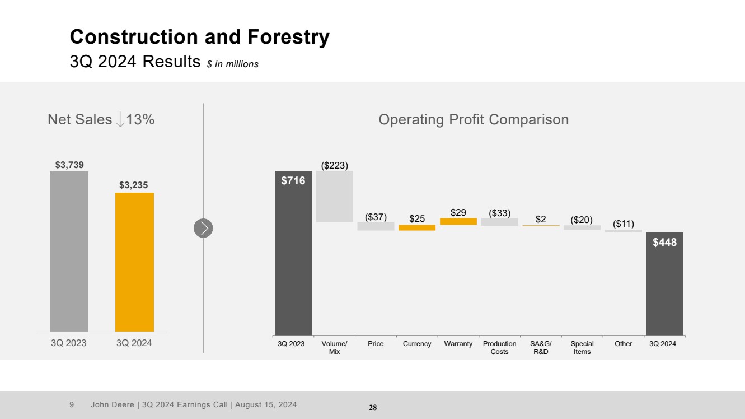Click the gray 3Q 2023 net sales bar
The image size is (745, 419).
69,252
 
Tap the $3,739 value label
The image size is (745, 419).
69,165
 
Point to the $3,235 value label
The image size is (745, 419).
134,185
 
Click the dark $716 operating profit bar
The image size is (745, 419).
293,252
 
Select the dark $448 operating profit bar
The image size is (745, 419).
664,283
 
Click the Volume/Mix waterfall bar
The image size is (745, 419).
334,196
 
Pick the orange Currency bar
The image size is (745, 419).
417,228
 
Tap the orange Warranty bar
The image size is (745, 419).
458,221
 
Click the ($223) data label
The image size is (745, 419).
334,165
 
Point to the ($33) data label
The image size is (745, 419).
499,213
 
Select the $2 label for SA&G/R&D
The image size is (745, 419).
541,219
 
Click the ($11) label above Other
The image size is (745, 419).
624,224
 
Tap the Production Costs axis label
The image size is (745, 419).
499,347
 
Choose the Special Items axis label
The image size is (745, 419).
582,347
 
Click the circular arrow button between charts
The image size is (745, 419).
203,228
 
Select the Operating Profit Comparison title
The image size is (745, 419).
474,119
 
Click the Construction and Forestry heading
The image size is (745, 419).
199,38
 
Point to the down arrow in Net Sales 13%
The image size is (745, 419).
120,119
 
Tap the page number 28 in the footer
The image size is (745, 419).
373,408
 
